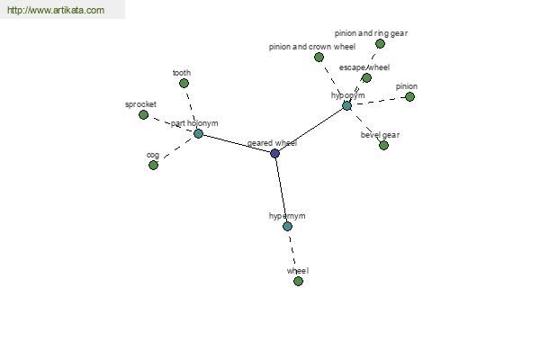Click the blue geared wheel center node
tap(274, 153)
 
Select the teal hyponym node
tap(346, 106)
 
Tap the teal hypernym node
tap(288, 226)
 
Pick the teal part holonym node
tap(198, 134)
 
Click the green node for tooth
tap(184, 83)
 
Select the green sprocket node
tap(144, 114)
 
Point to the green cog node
tap(153, 166)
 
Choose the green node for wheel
tap(298, 281)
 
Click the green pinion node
tap(409, 97)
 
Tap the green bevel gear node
tap(383, 146)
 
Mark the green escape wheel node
tap(367, 78)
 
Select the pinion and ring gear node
tap(380, 44)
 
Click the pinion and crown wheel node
tap(319, 58)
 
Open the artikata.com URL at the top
tap(56, 10)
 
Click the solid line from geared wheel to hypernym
tap(282, 190)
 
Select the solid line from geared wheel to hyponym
tap(311, 130)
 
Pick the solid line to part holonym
tap(237, 144)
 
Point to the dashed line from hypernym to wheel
tap(293, 254)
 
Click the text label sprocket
tap(140, 104)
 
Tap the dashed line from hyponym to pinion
tap(378, 102)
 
